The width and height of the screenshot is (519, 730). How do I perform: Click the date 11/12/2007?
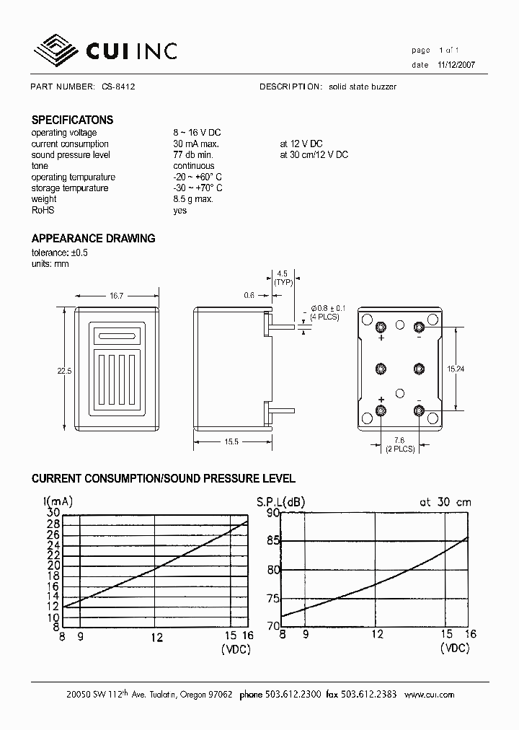[x=456, y=65]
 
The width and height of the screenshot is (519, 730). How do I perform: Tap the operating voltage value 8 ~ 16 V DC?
[x=197, y=133]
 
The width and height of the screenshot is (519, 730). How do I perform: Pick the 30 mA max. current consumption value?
[x=196, y=144]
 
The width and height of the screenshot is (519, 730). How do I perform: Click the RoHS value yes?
[x=179, y=211]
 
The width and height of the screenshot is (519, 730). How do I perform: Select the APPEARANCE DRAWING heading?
[x=93, y=239]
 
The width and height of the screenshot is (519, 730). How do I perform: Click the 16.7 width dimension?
[x=116, y=296]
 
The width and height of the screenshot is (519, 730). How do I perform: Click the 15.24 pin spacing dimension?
[x=456, y=369]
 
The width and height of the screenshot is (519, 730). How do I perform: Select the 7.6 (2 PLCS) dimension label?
[x=399, y=444]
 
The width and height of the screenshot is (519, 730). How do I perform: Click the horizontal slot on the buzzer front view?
[x=117, y=335]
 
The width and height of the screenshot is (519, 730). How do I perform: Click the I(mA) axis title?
[x=58, y=501]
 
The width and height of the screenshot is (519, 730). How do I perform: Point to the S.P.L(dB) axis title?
[x=281, y=501]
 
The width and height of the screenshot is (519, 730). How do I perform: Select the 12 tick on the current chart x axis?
[x=157, y=637]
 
